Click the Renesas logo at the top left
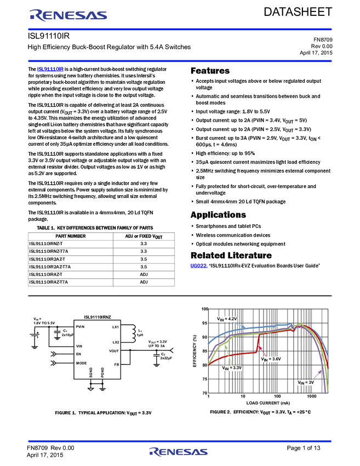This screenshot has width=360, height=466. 68,15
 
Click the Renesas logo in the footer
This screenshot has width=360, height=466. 178,452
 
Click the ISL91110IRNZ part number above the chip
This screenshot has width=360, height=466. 98,317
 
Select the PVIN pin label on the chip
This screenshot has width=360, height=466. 81,327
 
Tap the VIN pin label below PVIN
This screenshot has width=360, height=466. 79,346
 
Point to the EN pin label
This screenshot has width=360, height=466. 78,354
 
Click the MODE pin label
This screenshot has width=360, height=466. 81,363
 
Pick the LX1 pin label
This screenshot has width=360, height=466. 115,327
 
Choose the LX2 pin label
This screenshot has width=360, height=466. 115,342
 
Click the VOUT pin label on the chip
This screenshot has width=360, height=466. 114,351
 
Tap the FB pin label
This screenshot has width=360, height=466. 116,364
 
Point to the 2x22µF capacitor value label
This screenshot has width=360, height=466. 167,357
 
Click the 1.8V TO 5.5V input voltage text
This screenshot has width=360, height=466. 44,323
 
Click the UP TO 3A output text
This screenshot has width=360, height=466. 157,346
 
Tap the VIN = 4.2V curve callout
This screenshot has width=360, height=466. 226,319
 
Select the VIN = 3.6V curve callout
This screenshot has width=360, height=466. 271,359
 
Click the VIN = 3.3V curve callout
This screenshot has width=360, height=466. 232,368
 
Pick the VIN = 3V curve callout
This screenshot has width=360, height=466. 306,383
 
